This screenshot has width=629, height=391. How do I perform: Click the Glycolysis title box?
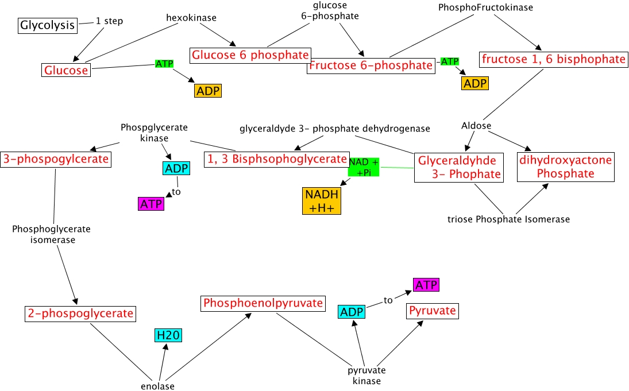coord(48,25)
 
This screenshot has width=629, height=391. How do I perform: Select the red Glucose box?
coord(66,70)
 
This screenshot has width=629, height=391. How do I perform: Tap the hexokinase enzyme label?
coord(191,18)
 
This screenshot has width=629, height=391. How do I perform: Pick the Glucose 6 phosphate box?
coord(250,55)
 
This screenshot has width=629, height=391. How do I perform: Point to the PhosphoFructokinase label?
coord(485,7)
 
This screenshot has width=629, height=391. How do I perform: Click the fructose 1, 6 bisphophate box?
coord(554,59)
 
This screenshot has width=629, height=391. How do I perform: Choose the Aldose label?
coord(476,125)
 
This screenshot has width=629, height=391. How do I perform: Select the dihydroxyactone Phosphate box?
coord(566,167)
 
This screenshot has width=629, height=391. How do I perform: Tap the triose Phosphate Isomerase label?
coord(509,219)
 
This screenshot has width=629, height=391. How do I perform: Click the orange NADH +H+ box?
coord(322,201)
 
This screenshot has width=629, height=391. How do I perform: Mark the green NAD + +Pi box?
coord(364,167)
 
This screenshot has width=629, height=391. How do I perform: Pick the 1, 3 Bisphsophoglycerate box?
coord(276,159)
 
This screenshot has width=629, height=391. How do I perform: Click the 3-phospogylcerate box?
coord(56,159)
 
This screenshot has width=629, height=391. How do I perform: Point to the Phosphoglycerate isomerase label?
coord(52,234)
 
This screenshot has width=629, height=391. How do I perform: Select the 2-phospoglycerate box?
coord(80,313)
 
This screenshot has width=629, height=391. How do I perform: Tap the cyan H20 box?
coord(168,335)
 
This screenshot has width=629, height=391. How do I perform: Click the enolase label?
coord(157,386)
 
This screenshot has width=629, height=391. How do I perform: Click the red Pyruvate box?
coord(433,311)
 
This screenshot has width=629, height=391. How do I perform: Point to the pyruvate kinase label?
coord(366,375)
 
